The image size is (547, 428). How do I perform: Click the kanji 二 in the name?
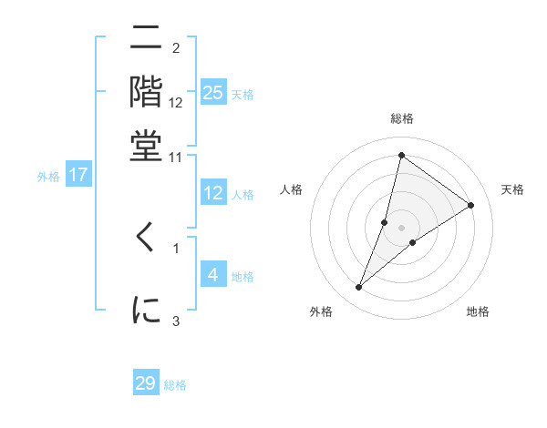pos(146,38)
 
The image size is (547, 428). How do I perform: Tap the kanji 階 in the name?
pos(146,92)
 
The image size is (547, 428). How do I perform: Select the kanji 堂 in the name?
pos(146,146)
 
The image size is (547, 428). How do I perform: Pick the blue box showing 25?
pos(213,93)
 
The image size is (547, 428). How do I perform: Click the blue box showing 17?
pos(77,175)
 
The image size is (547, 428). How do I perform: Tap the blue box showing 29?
pos(146,383)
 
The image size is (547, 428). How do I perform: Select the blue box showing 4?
pos(213,274)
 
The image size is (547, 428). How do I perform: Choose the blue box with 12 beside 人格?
pos(213,193)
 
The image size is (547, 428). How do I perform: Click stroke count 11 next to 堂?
pos(176,158)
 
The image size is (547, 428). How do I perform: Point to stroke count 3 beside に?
pos(176,321)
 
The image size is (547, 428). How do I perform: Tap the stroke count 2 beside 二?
pos(176,48)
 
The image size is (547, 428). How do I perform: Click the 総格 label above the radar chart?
pos(401,118)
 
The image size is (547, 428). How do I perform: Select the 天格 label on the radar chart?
pos(512,189)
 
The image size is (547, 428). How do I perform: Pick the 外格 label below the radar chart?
pos(321,311)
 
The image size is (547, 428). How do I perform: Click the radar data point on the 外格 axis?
pos(358,288)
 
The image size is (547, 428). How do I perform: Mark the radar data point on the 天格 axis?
pos(471,205)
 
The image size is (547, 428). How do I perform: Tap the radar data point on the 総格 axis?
pos(401,154)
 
